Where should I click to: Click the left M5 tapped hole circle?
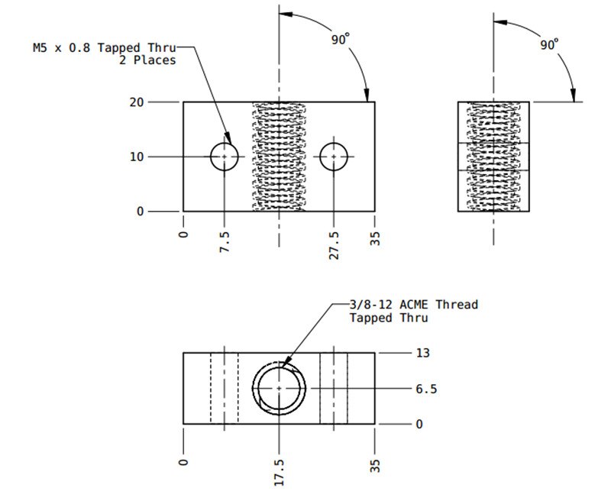225,157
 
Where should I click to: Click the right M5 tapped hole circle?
334,157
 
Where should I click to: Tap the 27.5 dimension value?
335,245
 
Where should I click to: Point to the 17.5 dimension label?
280,472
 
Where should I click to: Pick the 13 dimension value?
422,353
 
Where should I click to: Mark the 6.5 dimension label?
425,389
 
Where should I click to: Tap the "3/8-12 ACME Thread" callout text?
413,305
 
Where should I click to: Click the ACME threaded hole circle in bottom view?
280,389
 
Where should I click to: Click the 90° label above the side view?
549,45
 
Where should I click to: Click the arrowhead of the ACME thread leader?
283,367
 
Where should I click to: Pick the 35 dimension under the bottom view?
375,466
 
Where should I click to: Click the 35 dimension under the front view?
375,239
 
